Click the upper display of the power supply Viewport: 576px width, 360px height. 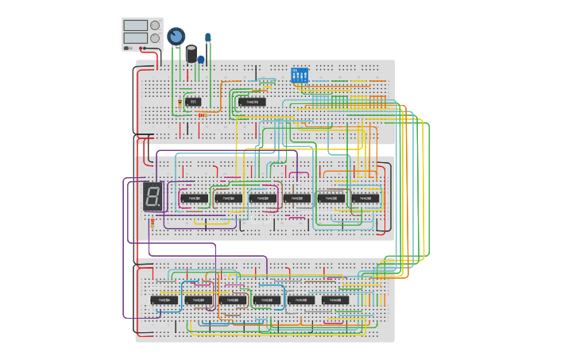tap(135, 25)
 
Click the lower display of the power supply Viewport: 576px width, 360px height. tap(135, 37)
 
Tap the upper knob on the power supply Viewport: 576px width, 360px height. tap(155, 25)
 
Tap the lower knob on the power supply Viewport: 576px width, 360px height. tap(155, 37)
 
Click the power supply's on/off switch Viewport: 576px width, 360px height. tap(127, 48)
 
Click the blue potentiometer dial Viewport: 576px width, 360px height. tap(176, 36)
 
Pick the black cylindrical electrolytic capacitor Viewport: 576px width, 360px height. tap(191, 53)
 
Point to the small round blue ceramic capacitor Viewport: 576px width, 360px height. tap(201, 60)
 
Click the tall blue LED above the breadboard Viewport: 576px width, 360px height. tap(208, 37)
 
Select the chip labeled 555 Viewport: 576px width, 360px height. tap(193, 102)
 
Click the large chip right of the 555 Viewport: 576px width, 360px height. tap(252, 102)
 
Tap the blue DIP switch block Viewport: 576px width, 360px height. tap(300, 76)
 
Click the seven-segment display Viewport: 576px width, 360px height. tap(153, 196)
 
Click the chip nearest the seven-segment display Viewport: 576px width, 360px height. tap(194, 198)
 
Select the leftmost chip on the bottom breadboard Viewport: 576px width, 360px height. tap(164, 300)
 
